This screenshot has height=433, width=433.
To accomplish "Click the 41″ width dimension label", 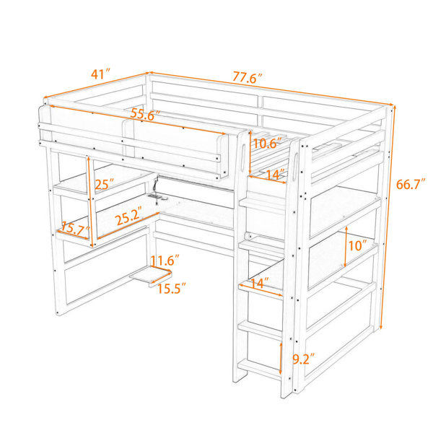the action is [x=100, y=74].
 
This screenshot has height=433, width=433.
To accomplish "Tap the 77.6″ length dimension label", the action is [x=247, y=77].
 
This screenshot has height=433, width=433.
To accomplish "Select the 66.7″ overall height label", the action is [x=411, y=184].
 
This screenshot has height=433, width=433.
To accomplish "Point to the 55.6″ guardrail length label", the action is [x=146, y=114].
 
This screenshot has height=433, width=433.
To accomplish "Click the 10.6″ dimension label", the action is [x=267, y=143].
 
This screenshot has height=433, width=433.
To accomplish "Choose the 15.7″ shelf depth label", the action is [x=75, y=228].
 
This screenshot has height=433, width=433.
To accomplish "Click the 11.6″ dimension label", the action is [x=165, y=260].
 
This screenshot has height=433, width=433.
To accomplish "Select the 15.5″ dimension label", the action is [x=172, y=289].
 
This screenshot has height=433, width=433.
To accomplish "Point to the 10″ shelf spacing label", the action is [x=357, y=245].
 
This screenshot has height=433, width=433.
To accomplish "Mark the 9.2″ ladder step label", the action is [x=304, y=359].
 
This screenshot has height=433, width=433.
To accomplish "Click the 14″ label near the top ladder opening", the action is [x=275, y=175].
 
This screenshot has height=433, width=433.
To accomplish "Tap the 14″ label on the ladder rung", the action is [x=260, y=283].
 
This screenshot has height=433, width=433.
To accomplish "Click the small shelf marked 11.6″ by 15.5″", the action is [x=151, y=276].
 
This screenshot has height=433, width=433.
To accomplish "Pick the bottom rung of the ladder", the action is [x=260, y=369].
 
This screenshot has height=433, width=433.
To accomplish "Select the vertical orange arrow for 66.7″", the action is [x=388, y=217].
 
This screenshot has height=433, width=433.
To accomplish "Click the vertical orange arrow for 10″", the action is [x=346, y=246].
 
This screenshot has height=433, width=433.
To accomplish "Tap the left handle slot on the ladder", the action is [x=244, y=155].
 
